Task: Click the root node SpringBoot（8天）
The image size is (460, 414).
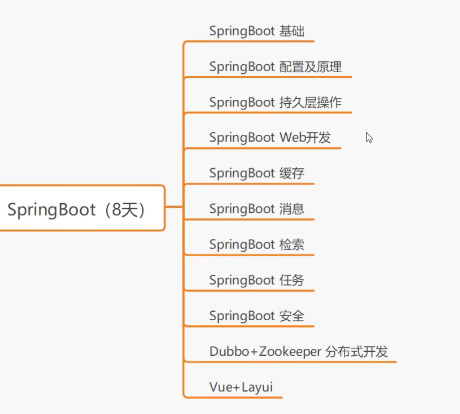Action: pos(80,209)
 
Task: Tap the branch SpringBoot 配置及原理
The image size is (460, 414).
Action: pos(275,67)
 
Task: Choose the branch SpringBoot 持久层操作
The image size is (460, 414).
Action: pos(275,102)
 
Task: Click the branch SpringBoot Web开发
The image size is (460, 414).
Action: pos(270,138)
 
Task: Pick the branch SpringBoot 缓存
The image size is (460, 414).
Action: pos(257,173)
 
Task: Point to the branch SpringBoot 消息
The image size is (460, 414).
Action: pos(257,209)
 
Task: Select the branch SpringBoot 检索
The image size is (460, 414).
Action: pos(257,245)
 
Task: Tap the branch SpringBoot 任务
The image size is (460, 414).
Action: pos(257,280)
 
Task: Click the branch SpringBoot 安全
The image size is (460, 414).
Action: pos(257,316)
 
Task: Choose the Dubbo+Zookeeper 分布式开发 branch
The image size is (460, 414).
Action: pos(298,351)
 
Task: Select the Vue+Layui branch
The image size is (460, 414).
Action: pos(241,387)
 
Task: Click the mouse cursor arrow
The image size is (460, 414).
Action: pos(368,137)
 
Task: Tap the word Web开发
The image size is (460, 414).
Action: pos(305,138)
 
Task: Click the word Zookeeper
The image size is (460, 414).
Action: pos(290,351)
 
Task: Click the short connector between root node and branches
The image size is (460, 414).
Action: pos(174,206)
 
